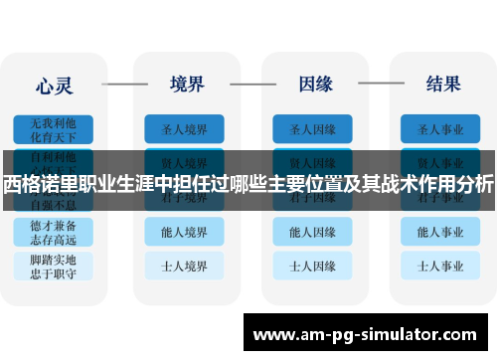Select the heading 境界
click(x=189, y=83)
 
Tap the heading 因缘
click(x=315, y=83)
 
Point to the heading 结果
click(x=442, y=83)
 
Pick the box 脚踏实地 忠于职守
click(x=53, y=267)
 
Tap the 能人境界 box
click(x=184, y=232)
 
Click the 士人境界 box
click(x=184, y=267)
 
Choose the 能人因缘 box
click(x=312, y=232)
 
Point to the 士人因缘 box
click(x=312, y=267)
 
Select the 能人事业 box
click(x=440, y=232)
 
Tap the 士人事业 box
click(x=440, y=267)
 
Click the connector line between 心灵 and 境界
click(x=123, y=84)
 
